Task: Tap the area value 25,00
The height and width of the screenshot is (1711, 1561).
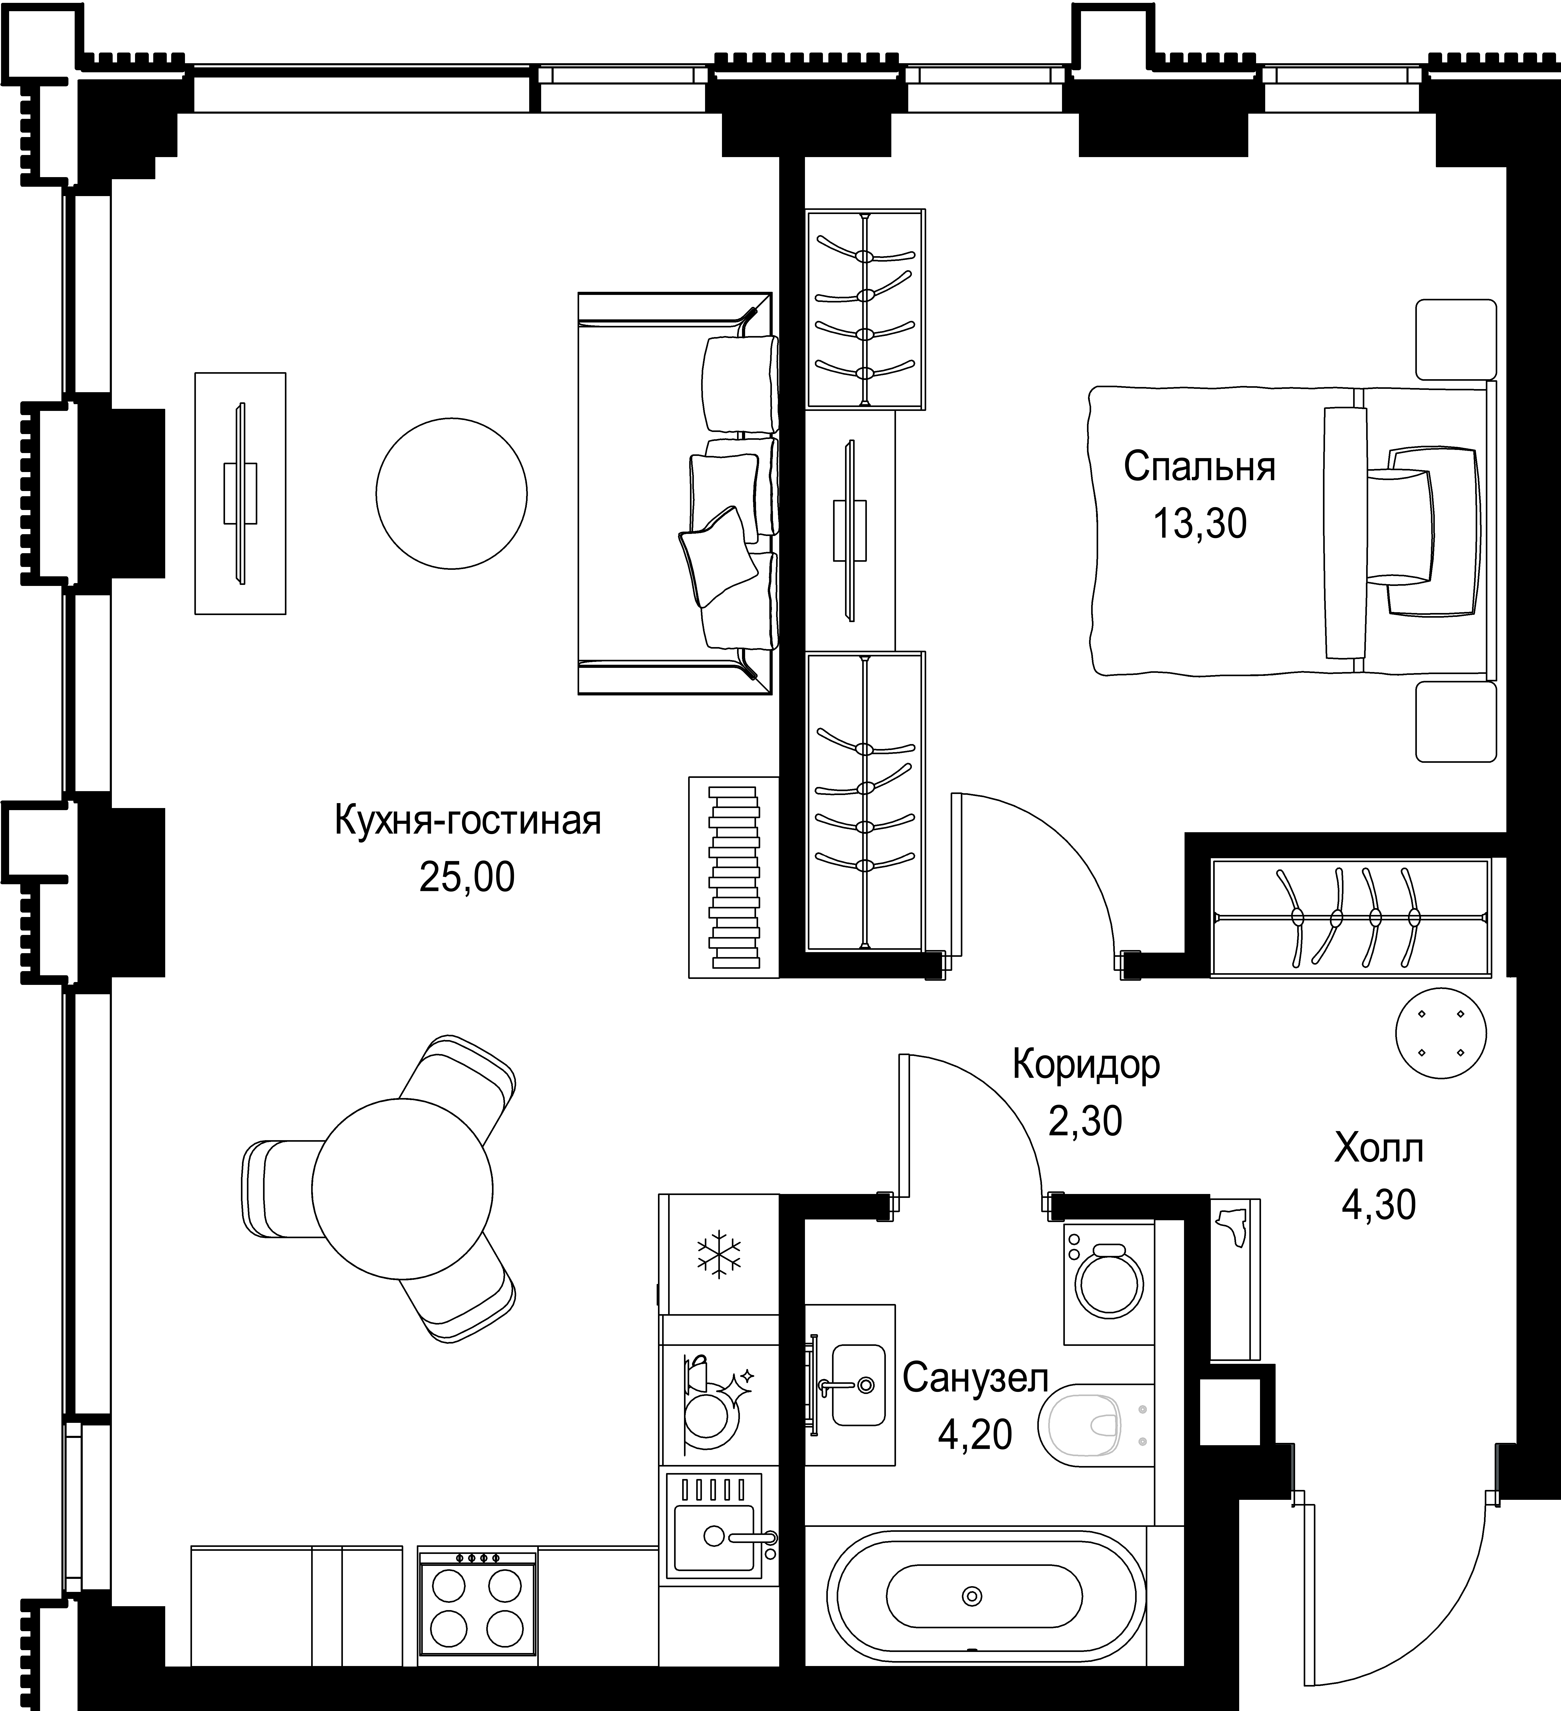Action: (467, 877)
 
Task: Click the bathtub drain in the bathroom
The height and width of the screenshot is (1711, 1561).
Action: (972, 1596)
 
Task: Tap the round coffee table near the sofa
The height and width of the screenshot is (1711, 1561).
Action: (452, 493)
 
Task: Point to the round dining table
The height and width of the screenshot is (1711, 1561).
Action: (402, 1189)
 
